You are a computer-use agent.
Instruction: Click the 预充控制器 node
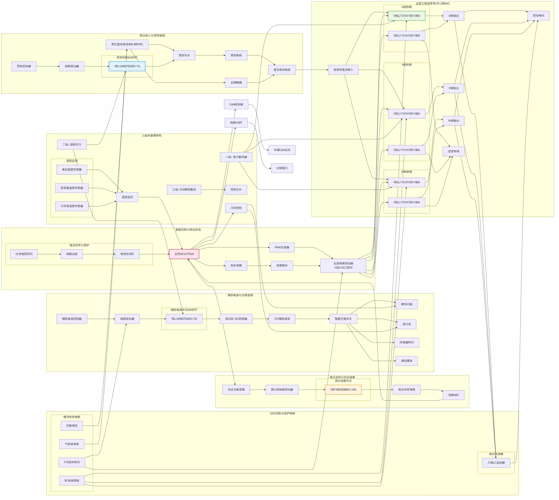pos(24,67)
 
